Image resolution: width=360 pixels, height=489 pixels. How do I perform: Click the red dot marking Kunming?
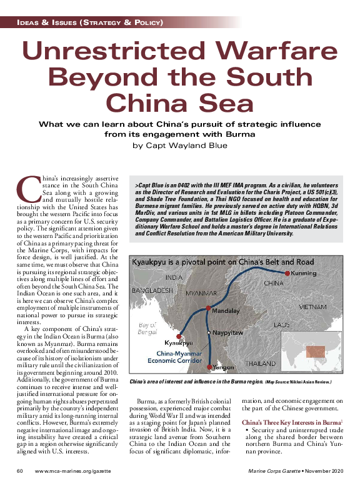(x=287, y=274)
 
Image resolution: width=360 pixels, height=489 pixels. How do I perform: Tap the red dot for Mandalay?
(x=208, y=308)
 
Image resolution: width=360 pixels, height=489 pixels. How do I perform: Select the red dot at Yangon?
(x=208, y=367)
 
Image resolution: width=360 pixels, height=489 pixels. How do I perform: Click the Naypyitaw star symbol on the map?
(x=209, y=333)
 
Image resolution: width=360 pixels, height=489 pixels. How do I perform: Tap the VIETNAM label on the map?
(x=312, y=307)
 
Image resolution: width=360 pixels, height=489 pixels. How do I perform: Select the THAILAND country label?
(x=259, y=363)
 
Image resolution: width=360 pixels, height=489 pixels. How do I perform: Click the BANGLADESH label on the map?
(x=152, y=290)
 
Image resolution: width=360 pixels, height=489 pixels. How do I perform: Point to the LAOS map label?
(x=281, y=325)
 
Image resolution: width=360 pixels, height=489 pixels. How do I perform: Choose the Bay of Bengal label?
(x=147, y=328)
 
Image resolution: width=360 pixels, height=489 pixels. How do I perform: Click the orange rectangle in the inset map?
(x=316, y=352)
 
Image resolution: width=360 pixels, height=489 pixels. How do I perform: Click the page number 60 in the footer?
(x=21, y=470)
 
